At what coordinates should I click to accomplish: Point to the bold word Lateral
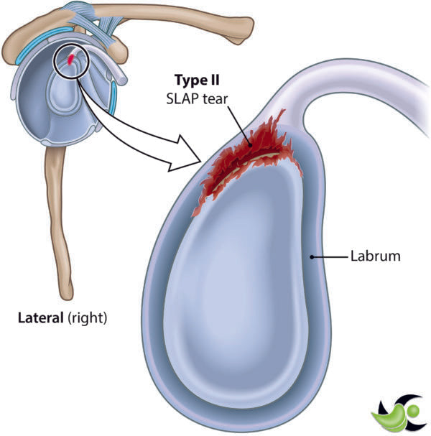coord(41,317)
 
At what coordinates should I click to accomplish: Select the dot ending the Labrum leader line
coord(311,256)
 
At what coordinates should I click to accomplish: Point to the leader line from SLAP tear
coord(241,121)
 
